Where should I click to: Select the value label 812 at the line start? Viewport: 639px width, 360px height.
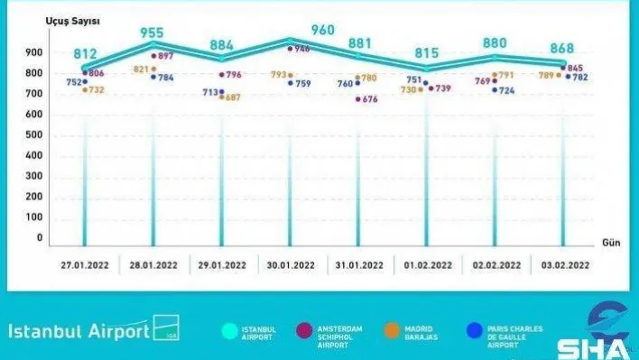[88, 53]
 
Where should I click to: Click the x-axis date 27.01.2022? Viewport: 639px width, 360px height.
[86, 265]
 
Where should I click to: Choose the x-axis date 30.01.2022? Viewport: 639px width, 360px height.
[291, 265]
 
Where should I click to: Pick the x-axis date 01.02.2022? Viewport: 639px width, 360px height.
[427, 265]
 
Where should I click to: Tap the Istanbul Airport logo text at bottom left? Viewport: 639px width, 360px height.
[79, 331]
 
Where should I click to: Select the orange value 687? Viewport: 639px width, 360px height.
[235, 97]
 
